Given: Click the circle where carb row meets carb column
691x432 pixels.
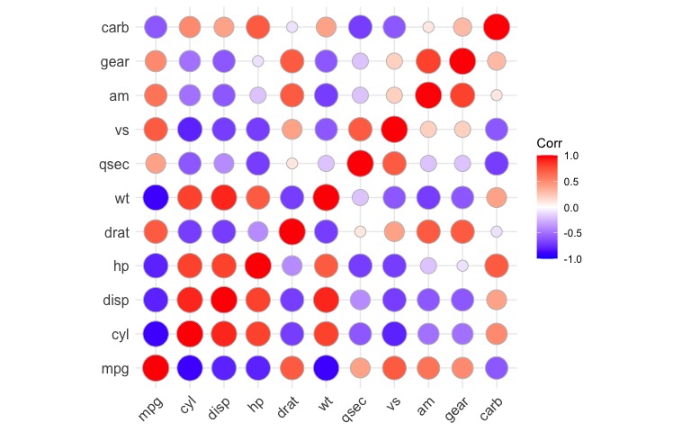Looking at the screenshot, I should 496,28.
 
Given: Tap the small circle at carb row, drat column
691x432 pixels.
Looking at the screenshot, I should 292,28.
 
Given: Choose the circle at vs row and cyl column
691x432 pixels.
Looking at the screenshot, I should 190,130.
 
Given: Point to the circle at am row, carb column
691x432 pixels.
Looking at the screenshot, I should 496,95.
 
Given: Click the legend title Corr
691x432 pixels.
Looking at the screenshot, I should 550,143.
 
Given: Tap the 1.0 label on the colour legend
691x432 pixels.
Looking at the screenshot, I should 571,157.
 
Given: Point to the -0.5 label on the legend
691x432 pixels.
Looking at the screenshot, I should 571,231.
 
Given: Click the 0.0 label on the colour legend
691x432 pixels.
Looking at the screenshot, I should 571,207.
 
